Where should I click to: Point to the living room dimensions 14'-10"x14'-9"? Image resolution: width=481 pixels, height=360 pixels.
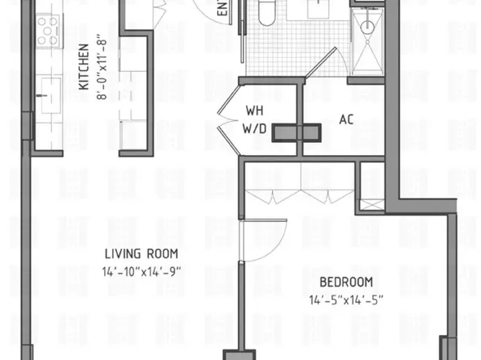(x=140, y=271)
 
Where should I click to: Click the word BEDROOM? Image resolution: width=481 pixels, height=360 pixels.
(x=346, y=282)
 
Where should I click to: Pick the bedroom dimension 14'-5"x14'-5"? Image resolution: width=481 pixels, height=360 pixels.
(x=346, y=299)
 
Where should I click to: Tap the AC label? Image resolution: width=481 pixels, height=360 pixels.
(x=347, y=119)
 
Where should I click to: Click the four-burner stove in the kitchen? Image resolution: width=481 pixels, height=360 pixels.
(x=49, y=32)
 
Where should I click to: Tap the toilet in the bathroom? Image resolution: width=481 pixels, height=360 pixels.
(x=266, y=12)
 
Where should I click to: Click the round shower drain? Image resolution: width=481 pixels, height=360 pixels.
(x=368, y=27)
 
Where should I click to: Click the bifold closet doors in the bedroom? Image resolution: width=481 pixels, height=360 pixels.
(x=299, y=196)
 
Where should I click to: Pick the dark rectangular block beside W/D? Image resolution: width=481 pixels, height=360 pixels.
(x=295, y=133)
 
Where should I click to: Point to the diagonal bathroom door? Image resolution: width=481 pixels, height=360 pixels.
(x=319, y=65)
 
